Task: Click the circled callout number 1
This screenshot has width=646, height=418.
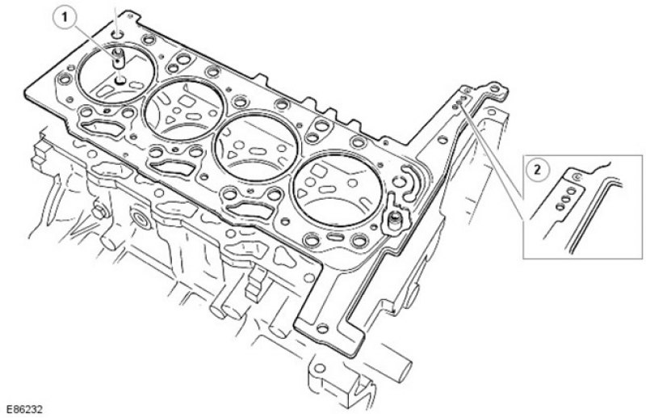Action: tap(65, 18)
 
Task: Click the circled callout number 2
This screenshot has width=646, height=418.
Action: tap(536, 169)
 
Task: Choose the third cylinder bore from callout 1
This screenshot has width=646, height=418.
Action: tap(257, 146)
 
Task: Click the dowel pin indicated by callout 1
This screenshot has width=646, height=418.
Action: tap(118, 57)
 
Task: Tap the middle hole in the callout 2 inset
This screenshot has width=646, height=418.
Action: tap(566, 199)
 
